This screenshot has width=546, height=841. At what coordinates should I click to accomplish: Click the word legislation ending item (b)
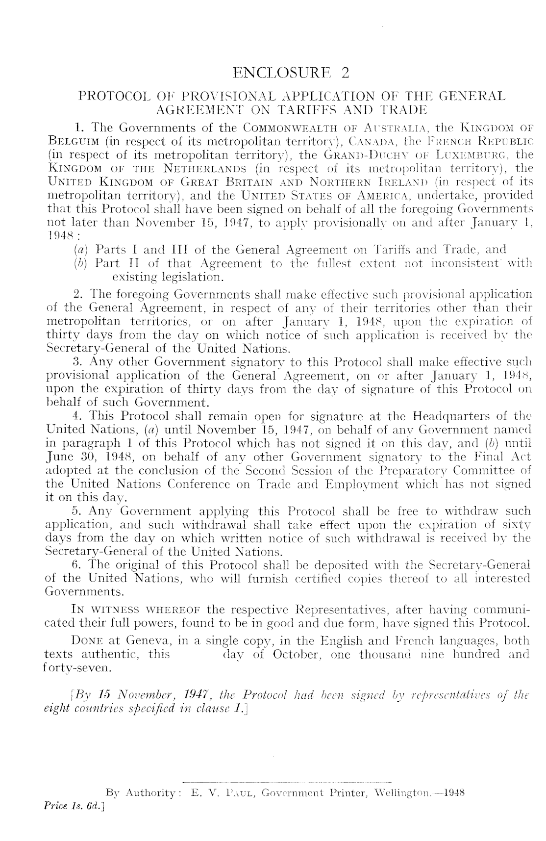[x=194, y=278]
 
